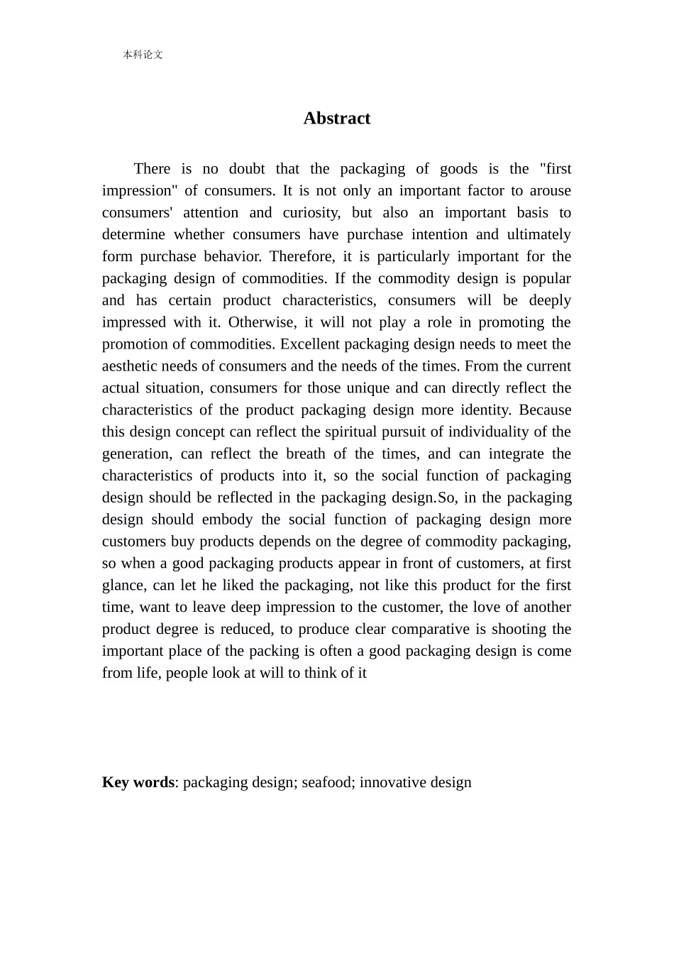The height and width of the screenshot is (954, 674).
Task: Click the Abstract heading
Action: tap(336, 118)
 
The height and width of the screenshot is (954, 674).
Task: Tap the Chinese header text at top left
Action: tap(143, 55)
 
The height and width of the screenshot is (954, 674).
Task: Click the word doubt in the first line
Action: tap(246, 169)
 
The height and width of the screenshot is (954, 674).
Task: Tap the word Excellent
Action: tap(309, 344)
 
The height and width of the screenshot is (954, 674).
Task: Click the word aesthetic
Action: tap(130, 366)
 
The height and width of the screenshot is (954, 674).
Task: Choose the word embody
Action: tap(227, 520)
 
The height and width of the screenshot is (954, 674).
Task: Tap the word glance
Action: tap(123, 586)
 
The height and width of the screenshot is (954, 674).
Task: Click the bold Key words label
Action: tap(138, 782)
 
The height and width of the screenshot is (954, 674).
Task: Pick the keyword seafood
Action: tap(326, 782)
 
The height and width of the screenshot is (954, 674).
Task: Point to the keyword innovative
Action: tap(392, 782)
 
